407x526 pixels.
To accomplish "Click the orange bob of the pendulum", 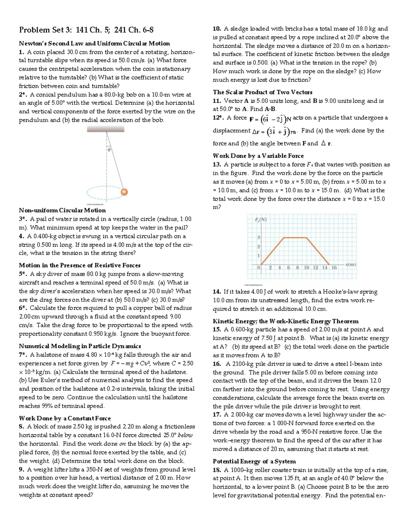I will pos(124,192).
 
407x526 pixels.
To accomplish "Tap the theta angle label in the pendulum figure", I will pos(109,149).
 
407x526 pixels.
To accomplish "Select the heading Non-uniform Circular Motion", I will pos(62,210).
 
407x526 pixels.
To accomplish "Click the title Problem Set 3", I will pos(86,30).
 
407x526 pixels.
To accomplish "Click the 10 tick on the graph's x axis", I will pos(307,268).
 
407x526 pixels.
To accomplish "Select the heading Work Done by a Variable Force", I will pos(258,156).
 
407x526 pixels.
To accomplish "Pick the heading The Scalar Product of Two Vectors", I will pos(263,92).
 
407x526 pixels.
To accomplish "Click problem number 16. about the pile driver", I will pos(217,364).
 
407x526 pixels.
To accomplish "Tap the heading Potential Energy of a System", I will pos(254,461).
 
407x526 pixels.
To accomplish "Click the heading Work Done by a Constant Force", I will pos(65,418).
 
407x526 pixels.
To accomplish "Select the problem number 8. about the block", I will pos(22,427).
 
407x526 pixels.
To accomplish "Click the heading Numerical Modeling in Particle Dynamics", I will pos(80,346).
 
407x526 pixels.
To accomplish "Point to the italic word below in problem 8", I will pos(185,435).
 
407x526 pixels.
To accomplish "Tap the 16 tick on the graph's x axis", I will pos(334,268).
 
